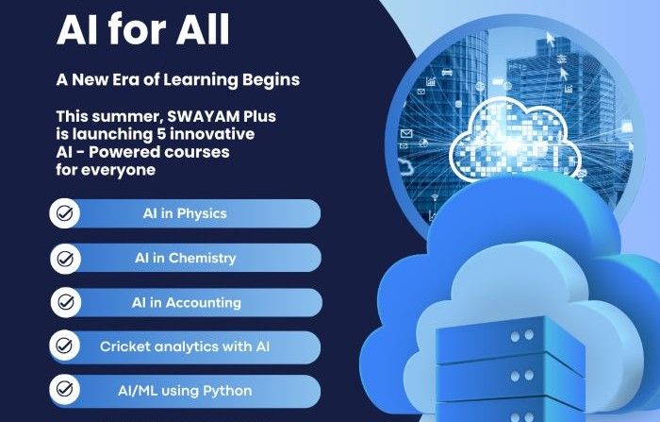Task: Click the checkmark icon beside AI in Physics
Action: (64, 213)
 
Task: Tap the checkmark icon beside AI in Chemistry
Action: (65, 258)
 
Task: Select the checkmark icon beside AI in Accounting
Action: (66, 302)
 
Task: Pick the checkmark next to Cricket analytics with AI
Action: (64, 346)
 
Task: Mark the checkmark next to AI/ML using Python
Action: (64, 389)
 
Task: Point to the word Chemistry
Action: (202, 258)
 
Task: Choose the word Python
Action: (227, 391)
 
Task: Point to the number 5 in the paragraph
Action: (164, 134)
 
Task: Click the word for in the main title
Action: (138, 29)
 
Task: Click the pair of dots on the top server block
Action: (521, 335)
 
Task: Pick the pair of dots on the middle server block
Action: (521, 376)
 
